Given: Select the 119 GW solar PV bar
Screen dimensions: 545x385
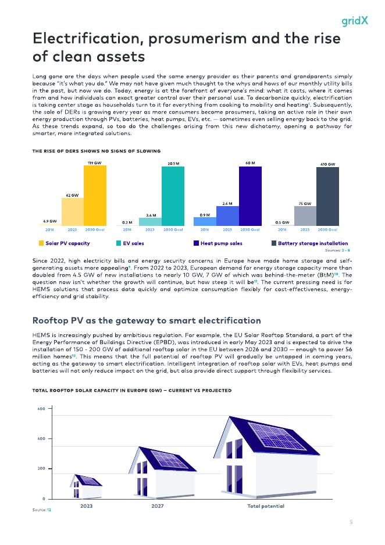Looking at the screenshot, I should coord(95,196).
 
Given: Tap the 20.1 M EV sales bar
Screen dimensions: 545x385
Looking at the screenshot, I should coord(173,196).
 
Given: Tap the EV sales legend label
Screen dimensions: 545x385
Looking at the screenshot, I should coord(133,243).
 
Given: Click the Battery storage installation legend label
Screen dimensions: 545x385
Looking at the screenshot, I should coord(313,243).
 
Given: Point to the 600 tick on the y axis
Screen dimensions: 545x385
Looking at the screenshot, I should coord(41,409).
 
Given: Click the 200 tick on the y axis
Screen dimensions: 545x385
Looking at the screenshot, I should coord(41,469).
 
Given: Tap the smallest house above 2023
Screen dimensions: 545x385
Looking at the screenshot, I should coord(85,486).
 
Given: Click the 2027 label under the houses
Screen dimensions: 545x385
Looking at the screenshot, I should coord(157,507).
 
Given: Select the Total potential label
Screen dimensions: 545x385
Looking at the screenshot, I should coord(266,507).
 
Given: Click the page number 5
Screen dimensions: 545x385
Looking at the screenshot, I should coord(351,522).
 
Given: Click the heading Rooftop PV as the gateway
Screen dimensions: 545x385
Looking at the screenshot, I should coord(147,321).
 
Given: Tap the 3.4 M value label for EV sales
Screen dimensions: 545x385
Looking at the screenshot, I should coord(149,215).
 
